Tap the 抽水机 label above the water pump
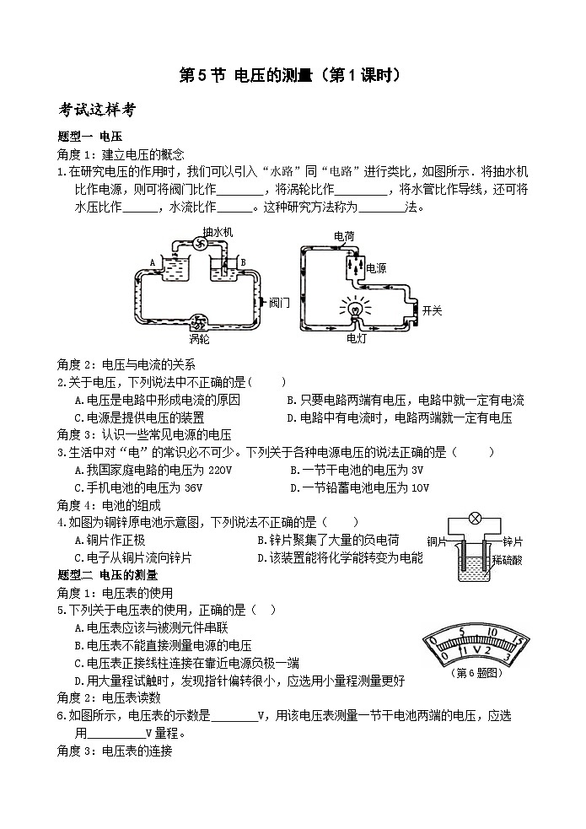(218, 232)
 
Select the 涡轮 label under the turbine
(200, 339)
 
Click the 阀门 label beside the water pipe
(279, 303)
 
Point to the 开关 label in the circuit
(432, 311)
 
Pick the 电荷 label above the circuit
(344, 236)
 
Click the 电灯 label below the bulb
(356, 338)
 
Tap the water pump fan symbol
(201, 244)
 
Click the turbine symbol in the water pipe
(200, 320)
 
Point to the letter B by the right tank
(243, 262)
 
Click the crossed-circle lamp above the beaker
(475, 519)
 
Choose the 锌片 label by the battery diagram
(512, 541)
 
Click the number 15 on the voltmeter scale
(518, 641)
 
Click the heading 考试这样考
(97, 110)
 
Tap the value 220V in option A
(220, 470)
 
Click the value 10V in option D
(420, 488)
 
